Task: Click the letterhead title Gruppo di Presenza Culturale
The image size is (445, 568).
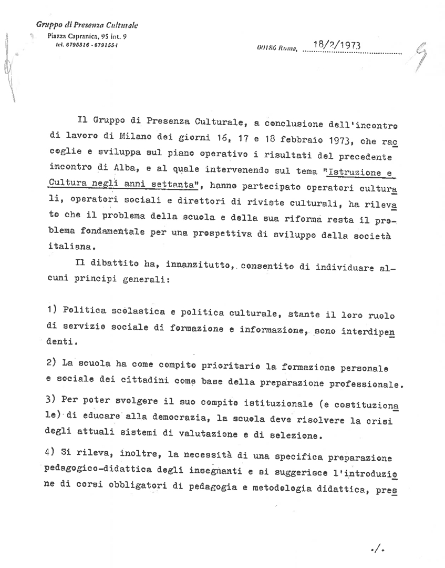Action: (x=87, y=25)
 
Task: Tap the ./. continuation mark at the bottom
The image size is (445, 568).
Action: (x=378, y=550)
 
